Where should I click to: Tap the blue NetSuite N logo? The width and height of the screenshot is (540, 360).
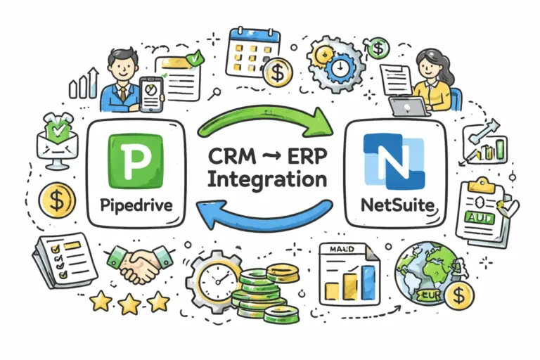click(x=394, y=162)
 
